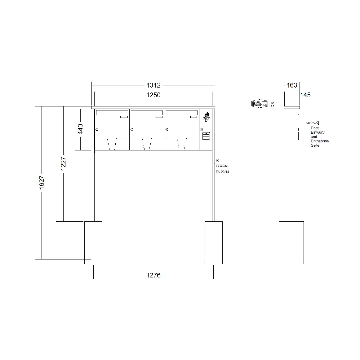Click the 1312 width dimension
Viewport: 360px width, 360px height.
tap(153, 85)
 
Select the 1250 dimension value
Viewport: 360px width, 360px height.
tap(153, 95)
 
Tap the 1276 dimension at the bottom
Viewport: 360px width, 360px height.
tap(153, 275)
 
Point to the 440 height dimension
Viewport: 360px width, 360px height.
tap(80, 129)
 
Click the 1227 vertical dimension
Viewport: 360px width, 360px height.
tap(63, 164)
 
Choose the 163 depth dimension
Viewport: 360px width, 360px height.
tap(292, 85)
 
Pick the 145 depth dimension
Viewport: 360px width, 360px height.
tap(305, 95)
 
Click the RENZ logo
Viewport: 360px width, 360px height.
tap(259, 104)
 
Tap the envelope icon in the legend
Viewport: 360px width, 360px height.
tap(314, 123)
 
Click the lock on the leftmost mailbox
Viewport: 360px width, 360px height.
tap(97, 129)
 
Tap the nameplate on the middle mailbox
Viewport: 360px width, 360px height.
tap(158, 117)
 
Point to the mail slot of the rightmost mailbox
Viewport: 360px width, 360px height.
tap(181, 112)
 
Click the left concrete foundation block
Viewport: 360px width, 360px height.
tap(93, 243)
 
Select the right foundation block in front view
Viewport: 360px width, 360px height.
tap(213, 243)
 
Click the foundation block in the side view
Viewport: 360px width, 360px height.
tap(291, 243)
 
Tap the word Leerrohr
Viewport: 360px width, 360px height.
tap(222, 166)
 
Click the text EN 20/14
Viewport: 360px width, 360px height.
tap(222, 172)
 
